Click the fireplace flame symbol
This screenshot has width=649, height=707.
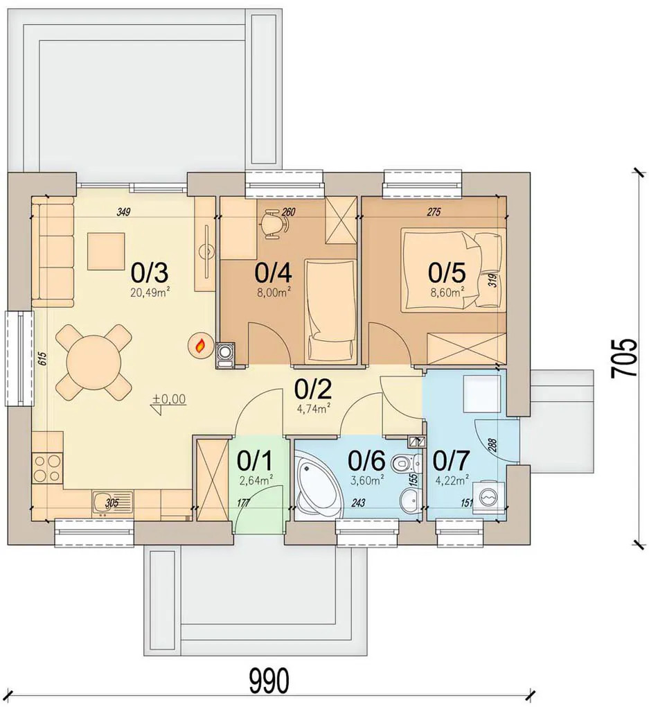tap(199, 346)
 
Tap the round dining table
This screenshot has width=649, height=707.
tap(94, 362)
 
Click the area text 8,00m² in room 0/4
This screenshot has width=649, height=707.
tap(274, 293)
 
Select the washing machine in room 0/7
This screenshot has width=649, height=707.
tap(488, 497)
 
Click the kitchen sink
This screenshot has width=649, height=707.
tap(112, 504)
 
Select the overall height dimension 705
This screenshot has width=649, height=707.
tap(624, 358)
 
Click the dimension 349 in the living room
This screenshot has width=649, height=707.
tap(123, 212)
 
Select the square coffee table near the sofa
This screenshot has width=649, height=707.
tap(106, 251)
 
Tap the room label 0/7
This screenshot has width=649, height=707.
tap(451, 460)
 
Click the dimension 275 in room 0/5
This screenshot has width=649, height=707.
tap(433, 212)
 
